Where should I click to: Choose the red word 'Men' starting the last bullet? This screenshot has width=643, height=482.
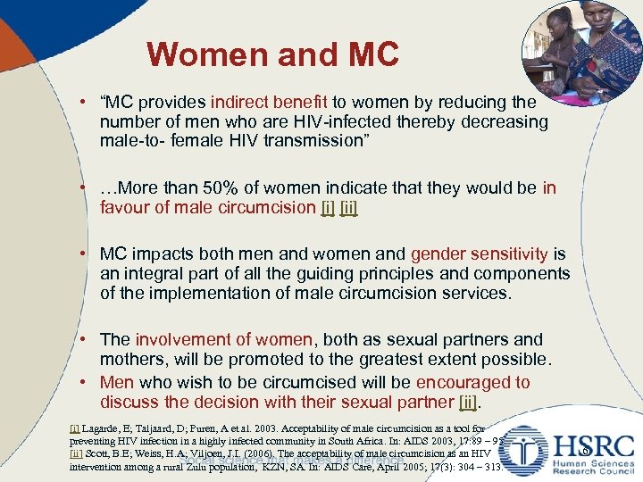click(117, 382)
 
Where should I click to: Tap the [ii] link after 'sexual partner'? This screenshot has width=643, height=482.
click(467, 403)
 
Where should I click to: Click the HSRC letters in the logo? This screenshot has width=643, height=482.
click(594, 446)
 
